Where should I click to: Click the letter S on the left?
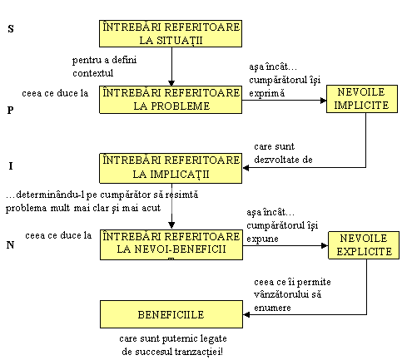tap(11, 28)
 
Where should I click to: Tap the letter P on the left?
tap(10, 110)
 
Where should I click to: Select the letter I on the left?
tap(11, 165)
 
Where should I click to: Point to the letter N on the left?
tap(10, 244)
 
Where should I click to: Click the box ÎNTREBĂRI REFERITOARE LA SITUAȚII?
tap(171, 33)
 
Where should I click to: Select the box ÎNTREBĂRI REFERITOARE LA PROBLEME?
tap(171, 100)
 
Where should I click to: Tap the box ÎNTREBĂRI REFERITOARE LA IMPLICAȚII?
tap(171, 168)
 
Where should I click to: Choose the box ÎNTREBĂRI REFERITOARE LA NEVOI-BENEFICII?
tap(171, 244)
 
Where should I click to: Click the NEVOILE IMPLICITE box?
tap(362, 99)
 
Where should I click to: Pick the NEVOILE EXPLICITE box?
tap(364, 245)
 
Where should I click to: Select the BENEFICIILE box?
tap(171, 314)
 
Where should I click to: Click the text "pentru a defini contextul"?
tap(104, 67)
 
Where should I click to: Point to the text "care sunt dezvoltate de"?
tap(283, 153)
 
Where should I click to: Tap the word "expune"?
tap(262, 239)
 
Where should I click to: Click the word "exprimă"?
tap(266, 93)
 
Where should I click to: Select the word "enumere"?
tap(272, 308)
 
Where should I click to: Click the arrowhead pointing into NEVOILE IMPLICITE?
tap(324, 101)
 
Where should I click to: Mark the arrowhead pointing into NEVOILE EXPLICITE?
tap(325, 245)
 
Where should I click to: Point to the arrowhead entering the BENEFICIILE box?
tap(246, 314)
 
